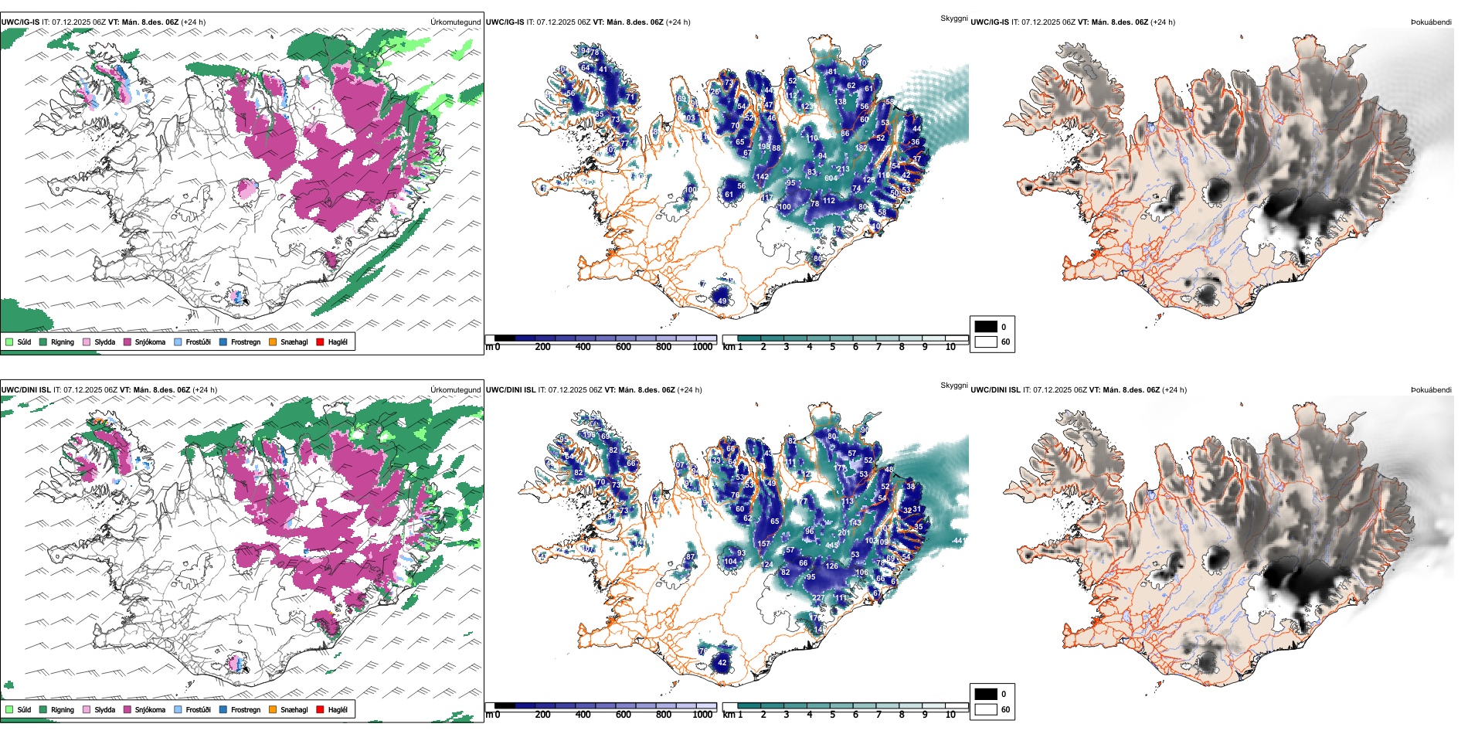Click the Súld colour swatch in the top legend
pos(9,342)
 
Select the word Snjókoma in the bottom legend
pos(150,709)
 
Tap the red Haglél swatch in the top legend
pos(320,342)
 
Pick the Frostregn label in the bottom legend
pos(245,709)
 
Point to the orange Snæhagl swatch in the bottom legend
pos(273,709)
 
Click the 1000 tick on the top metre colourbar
pos(702,347)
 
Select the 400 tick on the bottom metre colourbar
pos(583,715)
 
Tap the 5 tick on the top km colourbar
pos(832,347)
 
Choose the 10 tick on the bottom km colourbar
pos(950,715)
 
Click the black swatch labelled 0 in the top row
pos(986,327)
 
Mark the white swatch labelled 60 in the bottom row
pos(986,709)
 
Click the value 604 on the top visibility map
pos(831,178)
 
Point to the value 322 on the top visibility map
pos(817,231)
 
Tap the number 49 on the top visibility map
pos(722,301)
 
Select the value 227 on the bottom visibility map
pos(817,598)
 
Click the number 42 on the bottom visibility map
pos(722,662)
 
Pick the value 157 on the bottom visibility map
pos(763,544)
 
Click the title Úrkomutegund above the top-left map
pos(455,22)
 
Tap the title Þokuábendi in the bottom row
pos(1431,390)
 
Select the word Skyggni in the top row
pos(953,18)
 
